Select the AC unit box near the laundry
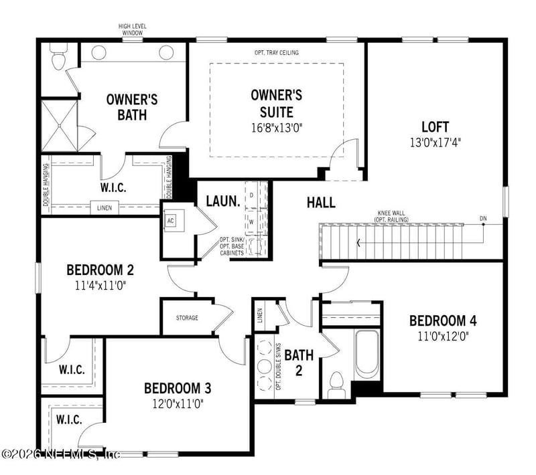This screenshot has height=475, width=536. (170, 221)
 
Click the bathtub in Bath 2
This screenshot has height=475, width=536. (366, 353)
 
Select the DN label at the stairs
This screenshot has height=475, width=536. (483, 218)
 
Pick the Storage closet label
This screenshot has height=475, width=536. (187, 318)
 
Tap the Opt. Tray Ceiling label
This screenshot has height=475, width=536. (277, 52)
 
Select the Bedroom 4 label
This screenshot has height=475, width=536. (443, 320)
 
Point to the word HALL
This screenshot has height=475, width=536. (321, 203)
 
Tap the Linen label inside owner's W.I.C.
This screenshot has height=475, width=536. (104, 207)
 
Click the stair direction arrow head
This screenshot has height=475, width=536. (359, 243)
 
